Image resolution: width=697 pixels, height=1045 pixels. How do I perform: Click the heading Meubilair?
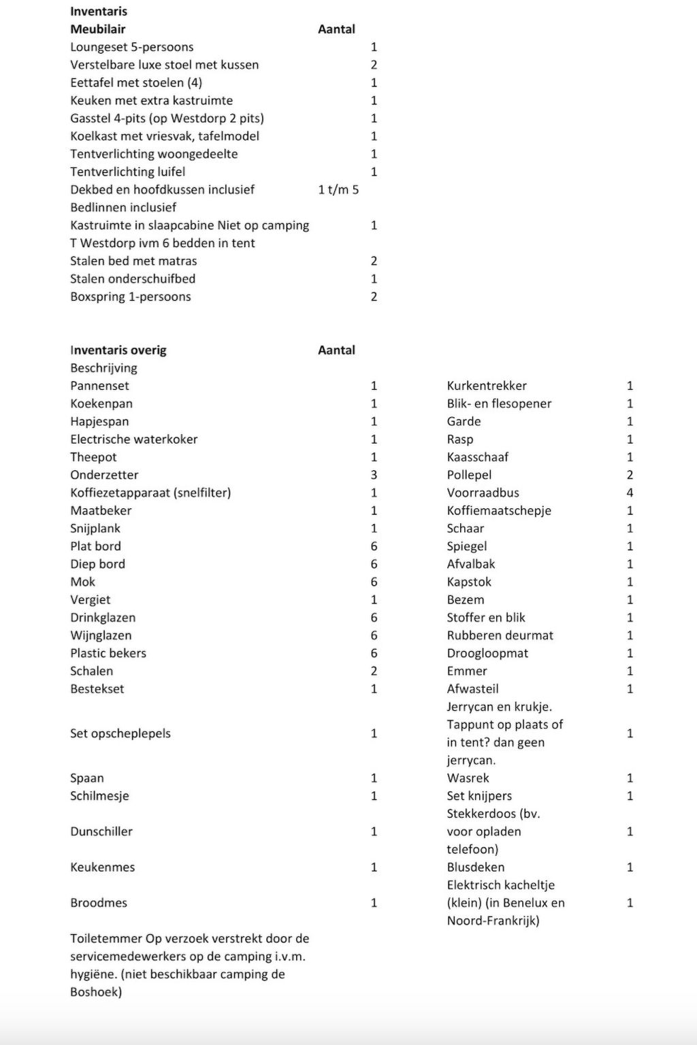97,29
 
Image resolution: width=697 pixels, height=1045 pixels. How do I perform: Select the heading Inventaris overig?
118,350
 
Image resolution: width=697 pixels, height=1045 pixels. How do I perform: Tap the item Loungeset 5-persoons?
131,47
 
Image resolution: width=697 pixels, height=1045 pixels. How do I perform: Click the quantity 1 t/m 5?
338,190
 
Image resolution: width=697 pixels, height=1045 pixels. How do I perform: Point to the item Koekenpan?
101,403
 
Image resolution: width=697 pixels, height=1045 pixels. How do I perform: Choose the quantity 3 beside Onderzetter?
374,475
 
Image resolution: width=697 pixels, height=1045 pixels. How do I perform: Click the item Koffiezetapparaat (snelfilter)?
150,493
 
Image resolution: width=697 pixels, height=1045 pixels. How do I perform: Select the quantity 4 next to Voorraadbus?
630,493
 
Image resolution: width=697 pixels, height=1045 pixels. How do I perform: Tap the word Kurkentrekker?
487,386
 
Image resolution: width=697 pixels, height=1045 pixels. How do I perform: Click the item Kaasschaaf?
477,457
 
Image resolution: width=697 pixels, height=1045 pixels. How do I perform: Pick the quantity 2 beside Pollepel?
630,475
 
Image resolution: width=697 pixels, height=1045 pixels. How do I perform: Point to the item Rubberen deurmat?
500,635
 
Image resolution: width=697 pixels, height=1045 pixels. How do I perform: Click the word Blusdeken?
475,867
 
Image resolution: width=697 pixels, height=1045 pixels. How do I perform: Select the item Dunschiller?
101,831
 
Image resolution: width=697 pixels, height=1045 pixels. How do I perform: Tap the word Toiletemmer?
106,939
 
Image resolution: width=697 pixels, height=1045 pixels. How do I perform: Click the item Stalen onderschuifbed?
132,279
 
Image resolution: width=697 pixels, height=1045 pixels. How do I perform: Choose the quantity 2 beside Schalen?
374,671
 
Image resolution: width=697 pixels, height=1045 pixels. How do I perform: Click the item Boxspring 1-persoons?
130,297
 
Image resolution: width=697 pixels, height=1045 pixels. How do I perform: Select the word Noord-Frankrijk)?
493,921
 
